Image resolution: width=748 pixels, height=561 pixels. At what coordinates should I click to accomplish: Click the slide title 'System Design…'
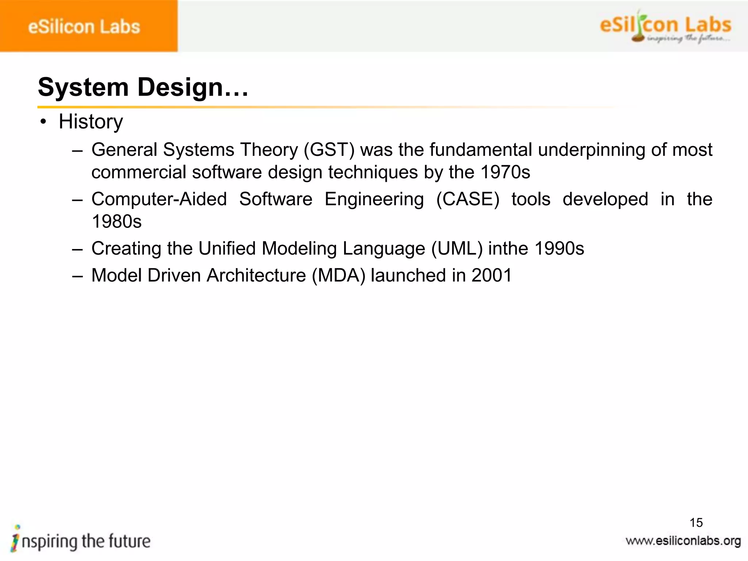pyautogui.click(x=143, y=88)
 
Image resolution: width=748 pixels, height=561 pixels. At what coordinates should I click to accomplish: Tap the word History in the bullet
pyautogui.click(x=91, y=122)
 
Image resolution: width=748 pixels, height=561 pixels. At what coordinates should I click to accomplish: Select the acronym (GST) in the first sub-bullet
pyautogui.click(x=329, y=150)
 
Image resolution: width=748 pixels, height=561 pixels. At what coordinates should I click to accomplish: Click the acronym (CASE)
pyautogui.click(x=468, y=199)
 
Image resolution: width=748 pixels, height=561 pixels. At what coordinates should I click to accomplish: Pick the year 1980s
pyautogui.click(x=117, y=222)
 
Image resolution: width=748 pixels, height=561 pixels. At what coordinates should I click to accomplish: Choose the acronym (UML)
pyautogui.click(x=457, y=249)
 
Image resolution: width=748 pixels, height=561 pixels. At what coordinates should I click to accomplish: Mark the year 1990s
pyautogui.click(x=559, y=249)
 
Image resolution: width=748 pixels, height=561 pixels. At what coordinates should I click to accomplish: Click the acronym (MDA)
pyautogui.click(x=339, y=275)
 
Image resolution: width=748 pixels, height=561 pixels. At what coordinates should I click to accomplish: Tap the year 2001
pyautogui.click(x=492, y=275)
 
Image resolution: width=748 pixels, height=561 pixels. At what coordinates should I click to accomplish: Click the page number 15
pyautogui.click(x=696, y=523)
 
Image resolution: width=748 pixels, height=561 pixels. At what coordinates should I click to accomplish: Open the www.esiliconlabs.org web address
pyautogui.click(x=683, y=541)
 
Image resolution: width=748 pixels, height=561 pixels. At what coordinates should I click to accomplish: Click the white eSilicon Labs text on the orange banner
pyautogui.click(x=84, y=27)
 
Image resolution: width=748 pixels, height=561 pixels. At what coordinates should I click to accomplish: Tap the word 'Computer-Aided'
pyautogui.click(x=159, y=199)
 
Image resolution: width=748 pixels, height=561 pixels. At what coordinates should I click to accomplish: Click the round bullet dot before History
pyautogui.click(x=43, y=122)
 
